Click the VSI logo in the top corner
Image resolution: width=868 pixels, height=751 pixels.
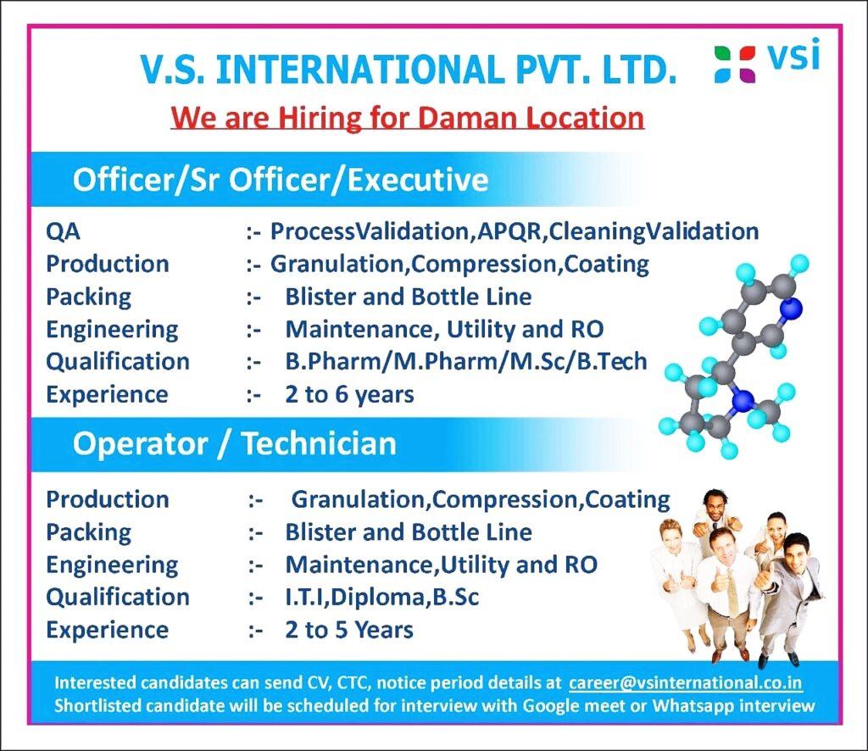[766, 61]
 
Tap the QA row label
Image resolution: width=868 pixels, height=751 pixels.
[63, 231]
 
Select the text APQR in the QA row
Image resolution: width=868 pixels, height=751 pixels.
[509, 232]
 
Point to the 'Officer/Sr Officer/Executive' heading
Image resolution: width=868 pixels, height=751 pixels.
[281, 180]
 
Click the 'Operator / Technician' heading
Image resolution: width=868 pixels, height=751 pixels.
[235, 443]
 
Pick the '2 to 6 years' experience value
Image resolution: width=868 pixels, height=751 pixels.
[349, 395]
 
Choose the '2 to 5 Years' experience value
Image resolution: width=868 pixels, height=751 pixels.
[349, 630]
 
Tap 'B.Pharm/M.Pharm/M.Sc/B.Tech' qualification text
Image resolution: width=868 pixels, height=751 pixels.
[466, 361]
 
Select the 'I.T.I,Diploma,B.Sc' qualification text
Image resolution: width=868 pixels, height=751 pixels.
[382, 597]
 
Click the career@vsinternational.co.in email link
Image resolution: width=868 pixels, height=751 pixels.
[685, 682]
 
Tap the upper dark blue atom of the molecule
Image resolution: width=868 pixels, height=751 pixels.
[793, 308]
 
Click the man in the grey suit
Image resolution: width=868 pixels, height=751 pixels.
[788, 598]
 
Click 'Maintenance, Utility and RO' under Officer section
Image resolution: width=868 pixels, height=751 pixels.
[444, 329]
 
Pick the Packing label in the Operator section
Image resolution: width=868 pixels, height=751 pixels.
[88, 532]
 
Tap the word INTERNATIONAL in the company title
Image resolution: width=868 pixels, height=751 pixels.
[359, 70]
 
